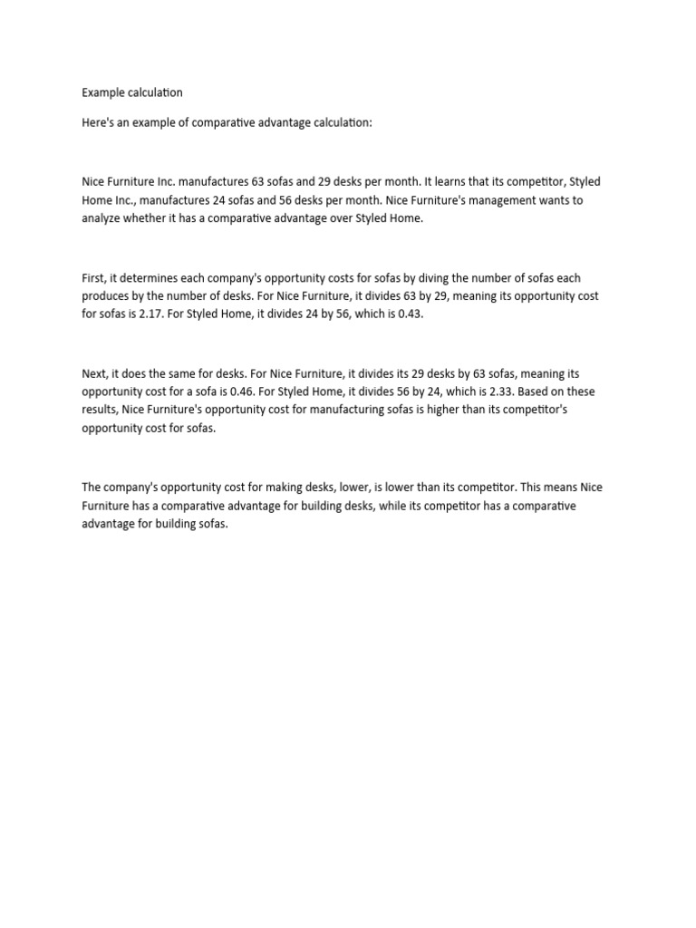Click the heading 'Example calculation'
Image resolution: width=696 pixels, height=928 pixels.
[132, 92]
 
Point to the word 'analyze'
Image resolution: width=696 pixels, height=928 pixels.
[101, 218]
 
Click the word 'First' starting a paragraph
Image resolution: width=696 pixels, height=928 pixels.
[94, 278]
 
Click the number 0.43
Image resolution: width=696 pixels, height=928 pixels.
[405, 314]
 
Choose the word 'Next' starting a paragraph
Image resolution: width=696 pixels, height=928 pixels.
[94, 373]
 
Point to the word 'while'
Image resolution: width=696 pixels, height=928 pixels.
[397, 506]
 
